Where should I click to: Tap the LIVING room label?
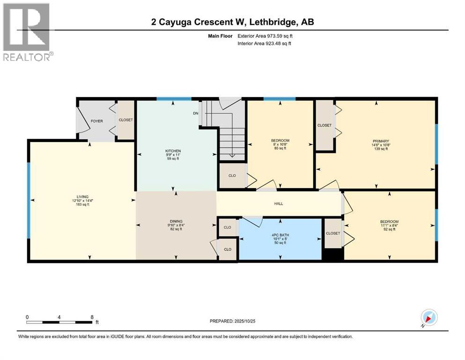coord(77,196)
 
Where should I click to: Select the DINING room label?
coord(176,221)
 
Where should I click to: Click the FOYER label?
coord(96,121)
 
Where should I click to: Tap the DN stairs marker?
coord(196,113)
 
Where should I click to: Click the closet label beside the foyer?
coord(125,120)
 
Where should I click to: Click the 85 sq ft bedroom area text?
coord(280,150)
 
